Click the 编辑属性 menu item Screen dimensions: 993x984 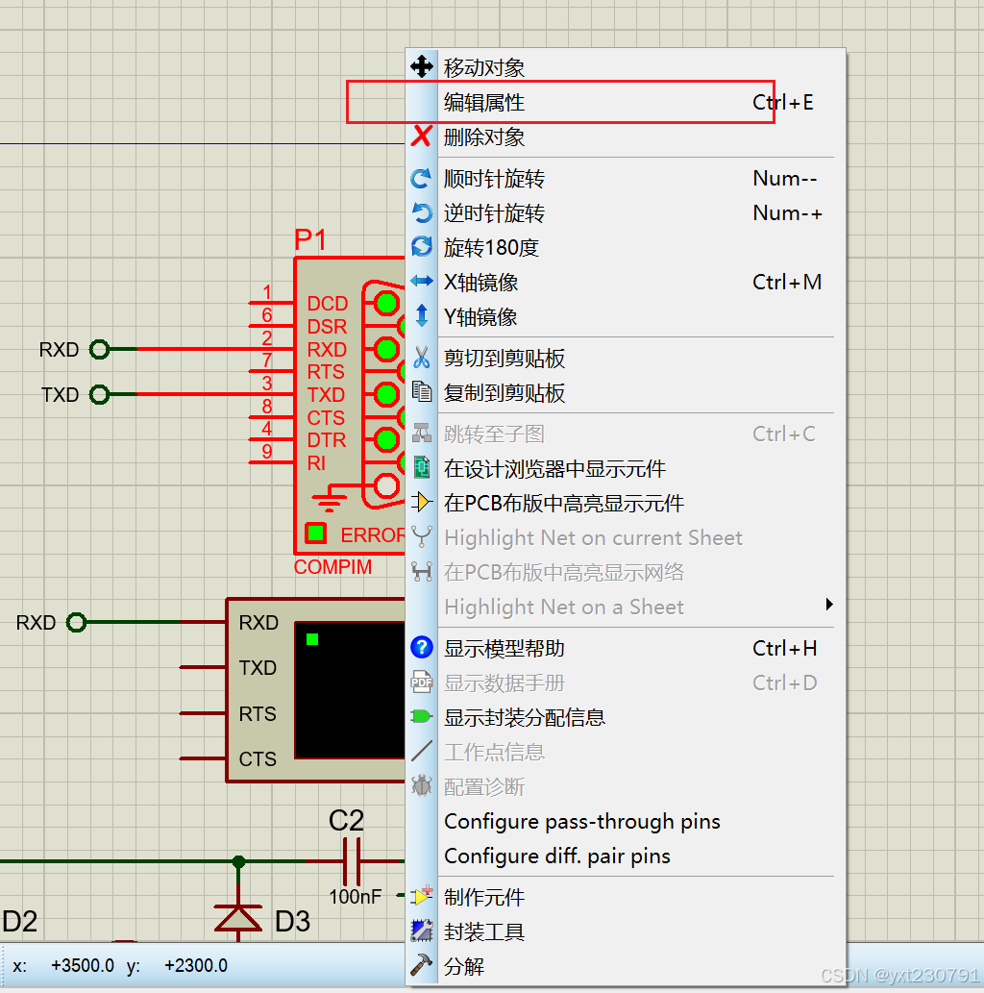tap(484, 102)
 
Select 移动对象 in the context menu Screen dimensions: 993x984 tap(484, 67)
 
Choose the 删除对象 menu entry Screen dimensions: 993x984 tap(484, 137)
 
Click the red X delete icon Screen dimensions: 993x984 tap(421, 137)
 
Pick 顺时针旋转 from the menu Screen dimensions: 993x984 tap(494, 179)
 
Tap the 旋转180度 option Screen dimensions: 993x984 tap(491, 248)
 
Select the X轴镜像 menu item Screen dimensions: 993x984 tap(480, 283)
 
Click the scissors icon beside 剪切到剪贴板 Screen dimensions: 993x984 tap(421, 359)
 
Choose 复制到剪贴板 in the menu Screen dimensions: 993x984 tap(504, 393)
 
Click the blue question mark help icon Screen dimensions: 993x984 tap(421, 649)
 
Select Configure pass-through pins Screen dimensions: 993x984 tap(581, 822)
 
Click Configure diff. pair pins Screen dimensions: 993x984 tap(557, 856)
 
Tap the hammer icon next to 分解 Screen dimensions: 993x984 tap(421, 966)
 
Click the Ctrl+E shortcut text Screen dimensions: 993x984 tap(783, 102)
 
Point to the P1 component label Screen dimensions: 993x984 tap(310, 240)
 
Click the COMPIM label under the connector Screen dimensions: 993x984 tap(332, 567)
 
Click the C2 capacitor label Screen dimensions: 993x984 tap(346, 821)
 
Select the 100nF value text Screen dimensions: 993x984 tap(355, 897)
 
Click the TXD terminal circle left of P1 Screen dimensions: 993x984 tap(99, 394)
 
